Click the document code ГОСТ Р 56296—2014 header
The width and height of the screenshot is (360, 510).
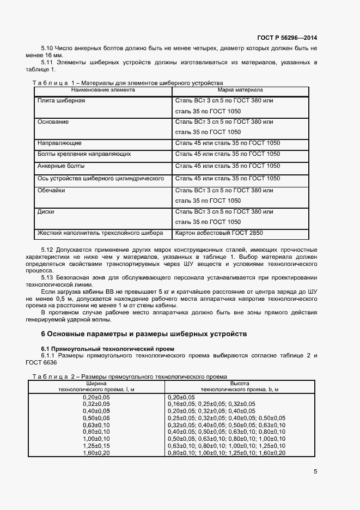point(286,38)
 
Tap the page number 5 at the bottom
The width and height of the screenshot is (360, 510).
point(315,472)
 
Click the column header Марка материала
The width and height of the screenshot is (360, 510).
point(240,89)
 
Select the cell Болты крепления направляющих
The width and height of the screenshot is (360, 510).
point(84,155)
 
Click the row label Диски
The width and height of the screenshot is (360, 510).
point(46,211)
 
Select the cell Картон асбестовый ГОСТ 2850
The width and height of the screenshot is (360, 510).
point(219,233)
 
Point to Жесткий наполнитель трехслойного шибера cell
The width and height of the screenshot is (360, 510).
point(100,233)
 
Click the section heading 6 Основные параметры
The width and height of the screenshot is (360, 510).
point(144,333)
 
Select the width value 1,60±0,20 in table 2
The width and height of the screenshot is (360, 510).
point(96,453)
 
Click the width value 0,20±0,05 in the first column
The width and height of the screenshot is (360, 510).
point(96,398)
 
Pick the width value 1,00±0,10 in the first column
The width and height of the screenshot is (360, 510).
point(96,439)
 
